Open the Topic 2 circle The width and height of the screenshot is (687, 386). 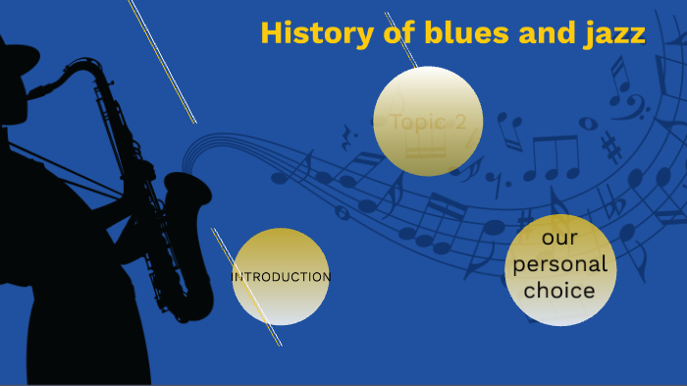428,122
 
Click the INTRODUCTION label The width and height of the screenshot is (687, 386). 281,277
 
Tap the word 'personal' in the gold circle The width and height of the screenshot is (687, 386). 560,265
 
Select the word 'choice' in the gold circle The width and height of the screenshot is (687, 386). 559,291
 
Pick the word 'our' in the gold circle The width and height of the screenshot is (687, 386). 559,239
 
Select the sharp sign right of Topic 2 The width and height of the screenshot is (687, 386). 612,147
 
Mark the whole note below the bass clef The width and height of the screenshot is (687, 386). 588,123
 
